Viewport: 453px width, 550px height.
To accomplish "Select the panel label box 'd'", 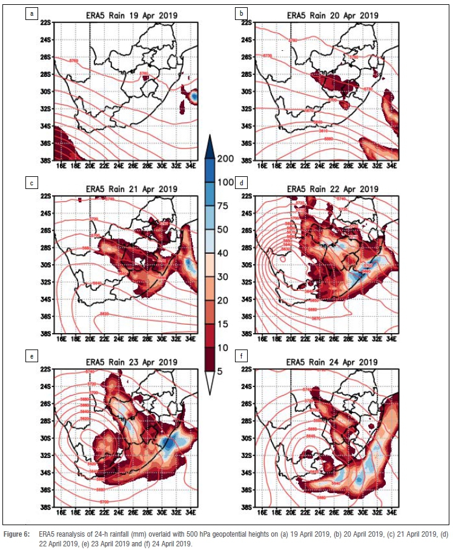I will (242, 182).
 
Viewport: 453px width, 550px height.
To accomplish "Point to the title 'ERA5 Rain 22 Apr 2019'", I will (326, 189).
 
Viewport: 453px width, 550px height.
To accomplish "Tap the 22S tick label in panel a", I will (45, 22).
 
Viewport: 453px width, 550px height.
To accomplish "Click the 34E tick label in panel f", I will (391, 514).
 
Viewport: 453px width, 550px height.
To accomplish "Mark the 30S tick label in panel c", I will (45, 265).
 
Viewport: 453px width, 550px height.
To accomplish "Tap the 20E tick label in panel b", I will (291, 167).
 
